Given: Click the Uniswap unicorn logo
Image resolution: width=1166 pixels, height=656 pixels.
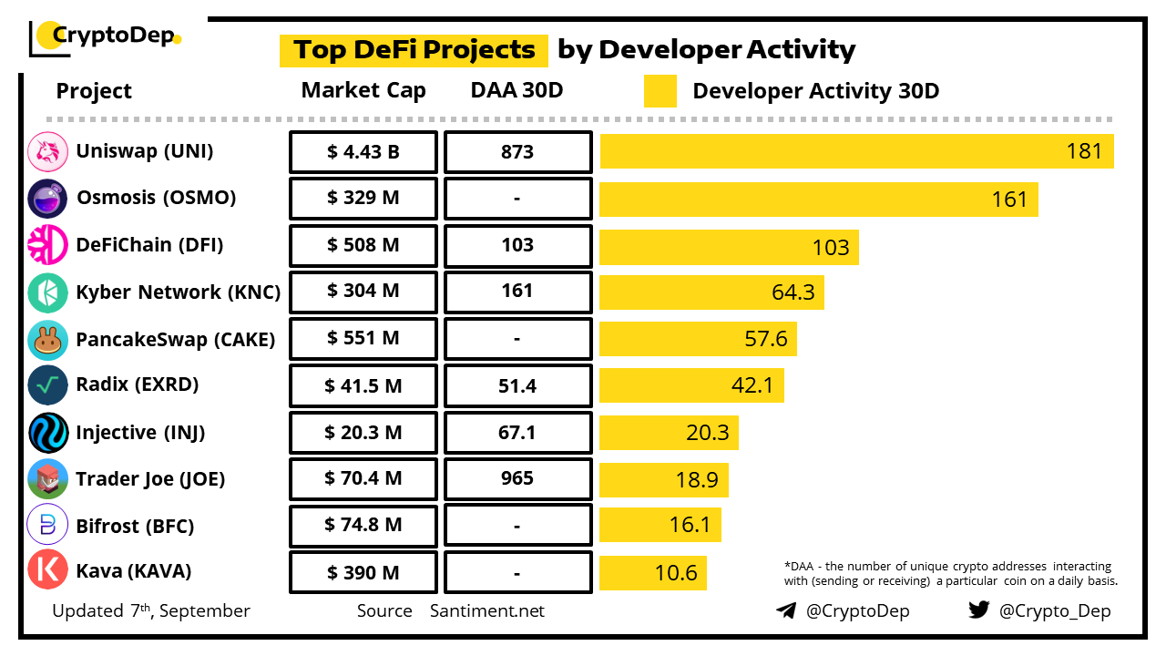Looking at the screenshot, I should point(48,152).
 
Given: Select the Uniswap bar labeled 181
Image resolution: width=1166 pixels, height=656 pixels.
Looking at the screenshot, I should point(856,151).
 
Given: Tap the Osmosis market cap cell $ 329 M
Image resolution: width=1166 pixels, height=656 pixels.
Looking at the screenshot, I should point(363,199).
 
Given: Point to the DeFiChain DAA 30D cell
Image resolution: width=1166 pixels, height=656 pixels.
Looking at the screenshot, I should point(517,246).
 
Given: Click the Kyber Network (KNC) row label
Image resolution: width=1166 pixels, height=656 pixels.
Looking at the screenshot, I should point(179,292).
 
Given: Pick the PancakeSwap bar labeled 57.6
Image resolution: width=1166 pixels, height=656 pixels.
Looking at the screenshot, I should point(698,339).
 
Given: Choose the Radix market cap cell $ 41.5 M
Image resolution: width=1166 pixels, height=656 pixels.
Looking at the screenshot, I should point(363,386).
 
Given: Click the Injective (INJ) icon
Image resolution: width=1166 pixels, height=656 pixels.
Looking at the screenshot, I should point(48,433).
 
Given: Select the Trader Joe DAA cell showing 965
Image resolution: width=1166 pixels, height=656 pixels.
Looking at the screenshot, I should point(517,479).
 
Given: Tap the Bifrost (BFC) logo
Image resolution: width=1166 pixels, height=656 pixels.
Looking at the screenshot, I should point(48,526).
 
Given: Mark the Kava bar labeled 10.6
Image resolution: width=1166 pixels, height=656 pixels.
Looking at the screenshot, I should point(652,573).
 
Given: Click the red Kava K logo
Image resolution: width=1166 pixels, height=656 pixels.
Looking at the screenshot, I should point(48,570).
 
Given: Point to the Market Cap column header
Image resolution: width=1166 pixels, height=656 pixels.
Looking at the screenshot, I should point(363,90).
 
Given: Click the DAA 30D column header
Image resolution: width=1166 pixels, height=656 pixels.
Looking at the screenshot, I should point(517,90).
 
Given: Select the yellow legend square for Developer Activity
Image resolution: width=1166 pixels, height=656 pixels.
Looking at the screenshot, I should point(660,91).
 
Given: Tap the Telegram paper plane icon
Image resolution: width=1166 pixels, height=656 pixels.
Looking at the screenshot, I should point(786,610).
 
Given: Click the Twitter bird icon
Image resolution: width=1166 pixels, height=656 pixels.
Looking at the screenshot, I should point(978,610).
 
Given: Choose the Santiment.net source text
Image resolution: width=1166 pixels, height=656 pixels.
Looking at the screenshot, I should point(487,610).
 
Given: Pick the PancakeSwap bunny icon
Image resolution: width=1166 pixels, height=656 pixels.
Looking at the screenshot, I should point(48,340).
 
